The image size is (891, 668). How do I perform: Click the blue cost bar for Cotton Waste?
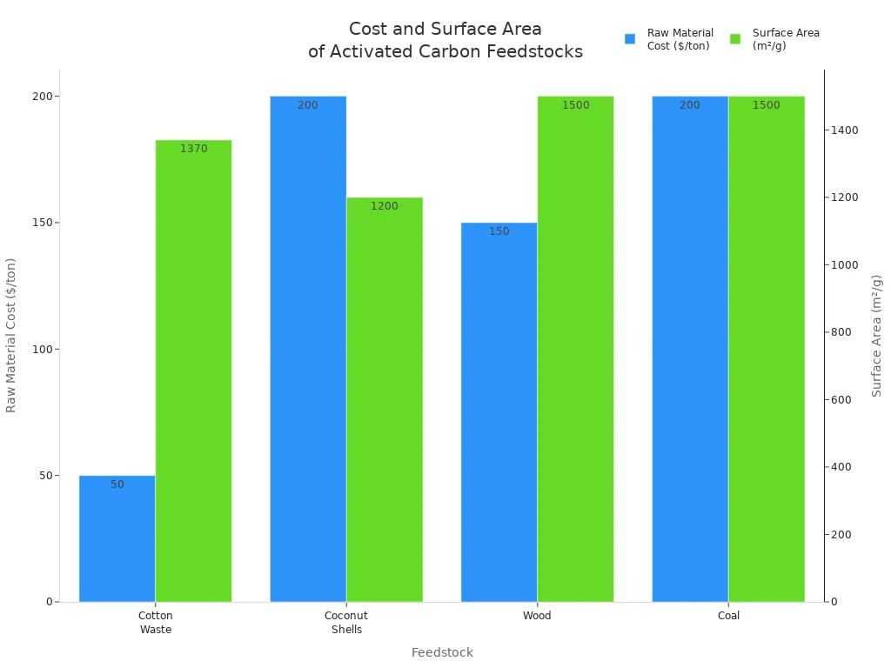point(117,539)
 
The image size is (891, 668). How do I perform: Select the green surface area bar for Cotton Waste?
point(193,374)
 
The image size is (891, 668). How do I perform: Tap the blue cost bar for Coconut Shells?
point(307,348)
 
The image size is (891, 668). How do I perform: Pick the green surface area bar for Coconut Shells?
point(384,400)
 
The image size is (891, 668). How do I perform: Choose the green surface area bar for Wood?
point(575,348)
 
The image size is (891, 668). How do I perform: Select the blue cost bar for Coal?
point(689,348)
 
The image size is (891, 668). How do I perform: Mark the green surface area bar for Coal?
point(766,348)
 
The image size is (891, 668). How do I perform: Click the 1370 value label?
point(193,149)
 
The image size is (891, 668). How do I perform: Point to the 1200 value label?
point(384,206)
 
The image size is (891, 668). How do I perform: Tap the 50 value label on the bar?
point(117,484)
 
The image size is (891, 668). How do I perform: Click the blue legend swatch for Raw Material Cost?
point(630,39)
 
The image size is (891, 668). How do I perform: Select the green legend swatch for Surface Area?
point(735,39)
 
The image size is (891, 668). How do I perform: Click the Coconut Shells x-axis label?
point(345,623)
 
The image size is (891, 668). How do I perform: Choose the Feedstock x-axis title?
point(442,652)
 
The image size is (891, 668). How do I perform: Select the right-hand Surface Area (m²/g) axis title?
point(876,335)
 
